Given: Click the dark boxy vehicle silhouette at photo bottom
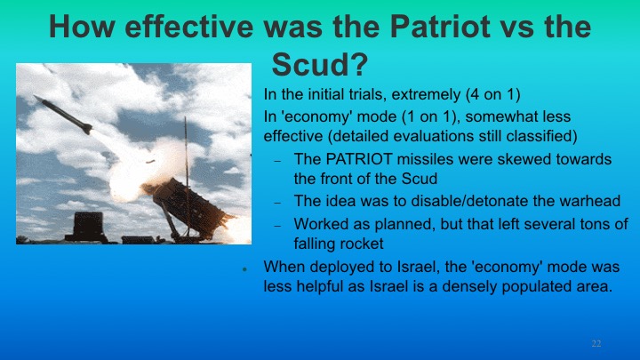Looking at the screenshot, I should click(x=90, y=226).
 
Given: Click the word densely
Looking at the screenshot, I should click(x=454, y=287).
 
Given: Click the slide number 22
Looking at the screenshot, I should click(x=596, y=343).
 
